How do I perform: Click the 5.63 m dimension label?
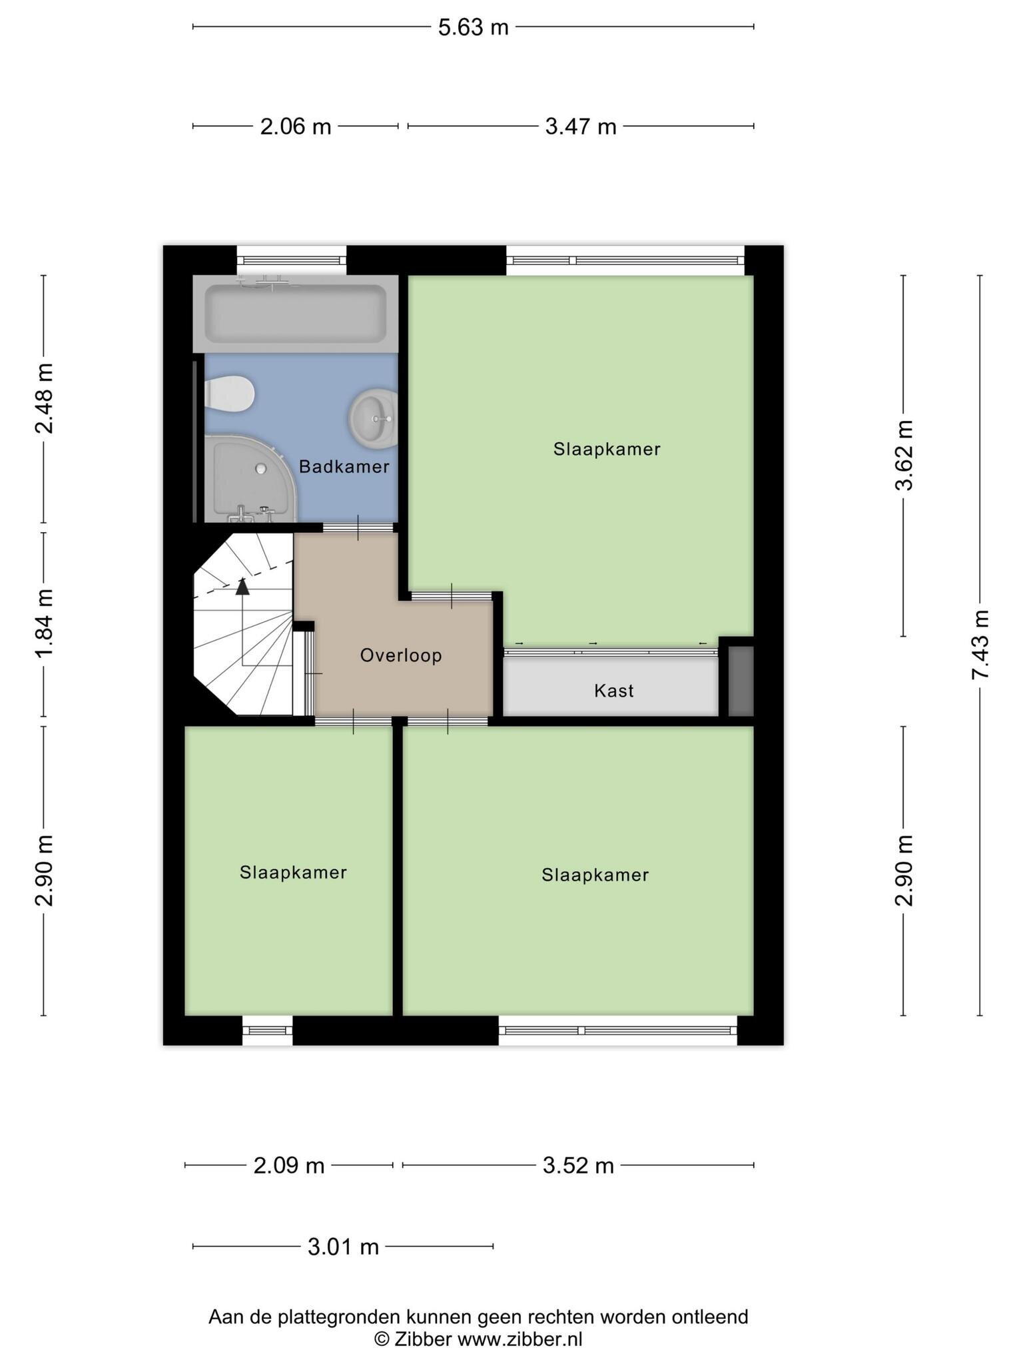click(x=473, y=27)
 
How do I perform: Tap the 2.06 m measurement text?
click(x=296, y=126)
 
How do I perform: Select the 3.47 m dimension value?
click(x=581, y=126)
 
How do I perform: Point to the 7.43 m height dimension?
click(x=980, y=645)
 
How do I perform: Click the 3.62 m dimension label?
click(x=904, y=456)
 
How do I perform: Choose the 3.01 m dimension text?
click(x=343, y=1246)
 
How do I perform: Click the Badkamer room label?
click(x=344, y=466)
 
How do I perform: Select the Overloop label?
click(x=401, y=655)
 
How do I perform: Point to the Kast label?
click(x=613, y=691)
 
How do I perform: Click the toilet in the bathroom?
click(x=229, y=394)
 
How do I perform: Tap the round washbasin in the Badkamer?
click(x=373, y=419)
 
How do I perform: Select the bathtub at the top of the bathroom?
click(x=296, y=314)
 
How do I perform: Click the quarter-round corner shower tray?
click(x=250, y=478)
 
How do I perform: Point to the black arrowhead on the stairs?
click(x=242, y=586)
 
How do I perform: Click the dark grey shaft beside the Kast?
click(x=740, y=681)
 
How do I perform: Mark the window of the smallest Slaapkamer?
click(x=267, y=1030)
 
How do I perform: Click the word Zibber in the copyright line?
click(x=423, y=1339)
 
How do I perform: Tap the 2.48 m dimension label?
click(x=45, y=399)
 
